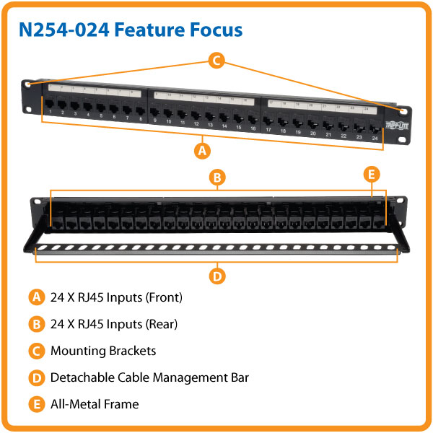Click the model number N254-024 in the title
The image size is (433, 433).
[66, 30]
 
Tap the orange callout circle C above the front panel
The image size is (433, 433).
[216, 61]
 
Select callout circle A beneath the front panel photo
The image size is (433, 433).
[203, 151]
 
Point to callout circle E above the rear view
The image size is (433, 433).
[371, 174]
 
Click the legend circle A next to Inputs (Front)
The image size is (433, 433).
[35, 297]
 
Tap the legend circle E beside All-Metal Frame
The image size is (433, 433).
[35, 404]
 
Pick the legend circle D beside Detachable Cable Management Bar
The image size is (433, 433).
[35, 377]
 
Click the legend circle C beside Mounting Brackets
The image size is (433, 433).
[35, 351]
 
